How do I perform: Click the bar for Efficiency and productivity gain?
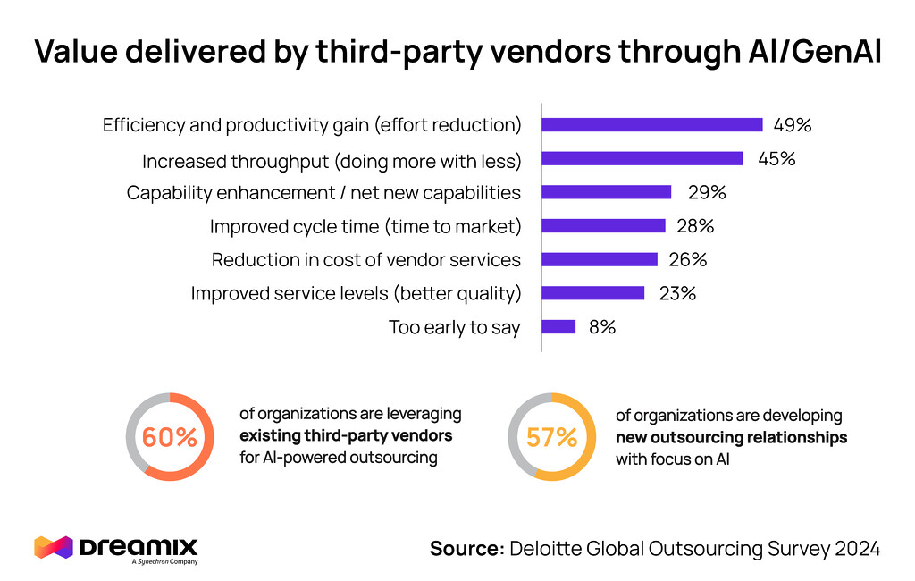click(652, 125)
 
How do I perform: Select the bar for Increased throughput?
click(642, 158)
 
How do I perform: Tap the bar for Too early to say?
click(558, 327)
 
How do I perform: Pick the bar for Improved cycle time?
click(603, 226)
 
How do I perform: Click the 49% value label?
click(792, 125)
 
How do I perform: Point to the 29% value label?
click(706, 192)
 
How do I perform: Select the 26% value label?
click(688, 260)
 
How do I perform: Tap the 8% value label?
click(601, 327)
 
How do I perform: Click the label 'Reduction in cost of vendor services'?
click(365, 260)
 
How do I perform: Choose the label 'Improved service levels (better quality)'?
click(356, 293)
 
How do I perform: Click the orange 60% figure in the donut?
click(170, 437)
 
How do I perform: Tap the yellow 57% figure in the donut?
click(551, 437)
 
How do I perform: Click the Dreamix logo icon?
click(53, 546)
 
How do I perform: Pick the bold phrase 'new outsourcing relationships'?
click(731, 438)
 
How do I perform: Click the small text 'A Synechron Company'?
click(164, 561)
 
